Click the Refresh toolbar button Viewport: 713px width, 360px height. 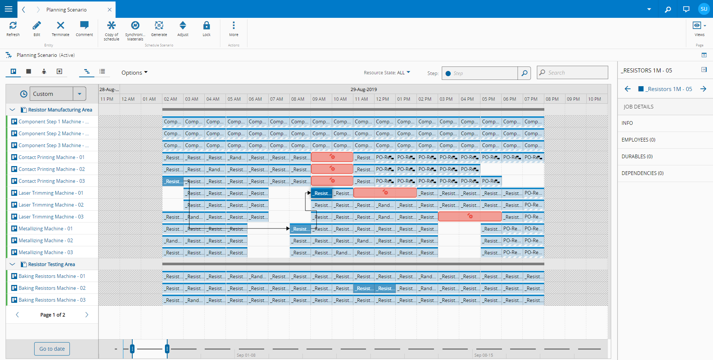(13, 29)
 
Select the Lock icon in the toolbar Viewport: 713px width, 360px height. (207, 29)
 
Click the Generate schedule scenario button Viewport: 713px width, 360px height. (159, 29)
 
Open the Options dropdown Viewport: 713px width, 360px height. (134, 73)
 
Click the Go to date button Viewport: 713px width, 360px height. (52, 349)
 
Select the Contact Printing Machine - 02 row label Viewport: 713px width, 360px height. (52, 169)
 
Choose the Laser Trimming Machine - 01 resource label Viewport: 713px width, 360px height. (51, 193)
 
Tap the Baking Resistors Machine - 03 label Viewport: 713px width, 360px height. (52, 300)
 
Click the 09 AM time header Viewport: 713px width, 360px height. (319, 99)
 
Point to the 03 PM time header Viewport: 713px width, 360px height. (446, 99)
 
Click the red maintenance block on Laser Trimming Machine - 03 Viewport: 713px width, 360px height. (470, 217)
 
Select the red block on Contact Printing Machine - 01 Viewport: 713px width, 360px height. (332, 157)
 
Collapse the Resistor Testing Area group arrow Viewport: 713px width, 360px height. (12, 264)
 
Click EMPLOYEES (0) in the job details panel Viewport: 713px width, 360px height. (638, 140)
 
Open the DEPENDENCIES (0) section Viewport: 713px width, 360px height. (642, 173)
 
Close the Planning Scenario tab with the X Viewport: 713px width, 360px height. (110, 10)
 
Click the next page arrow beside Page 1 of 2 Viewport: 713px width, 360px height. (87, 315)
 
